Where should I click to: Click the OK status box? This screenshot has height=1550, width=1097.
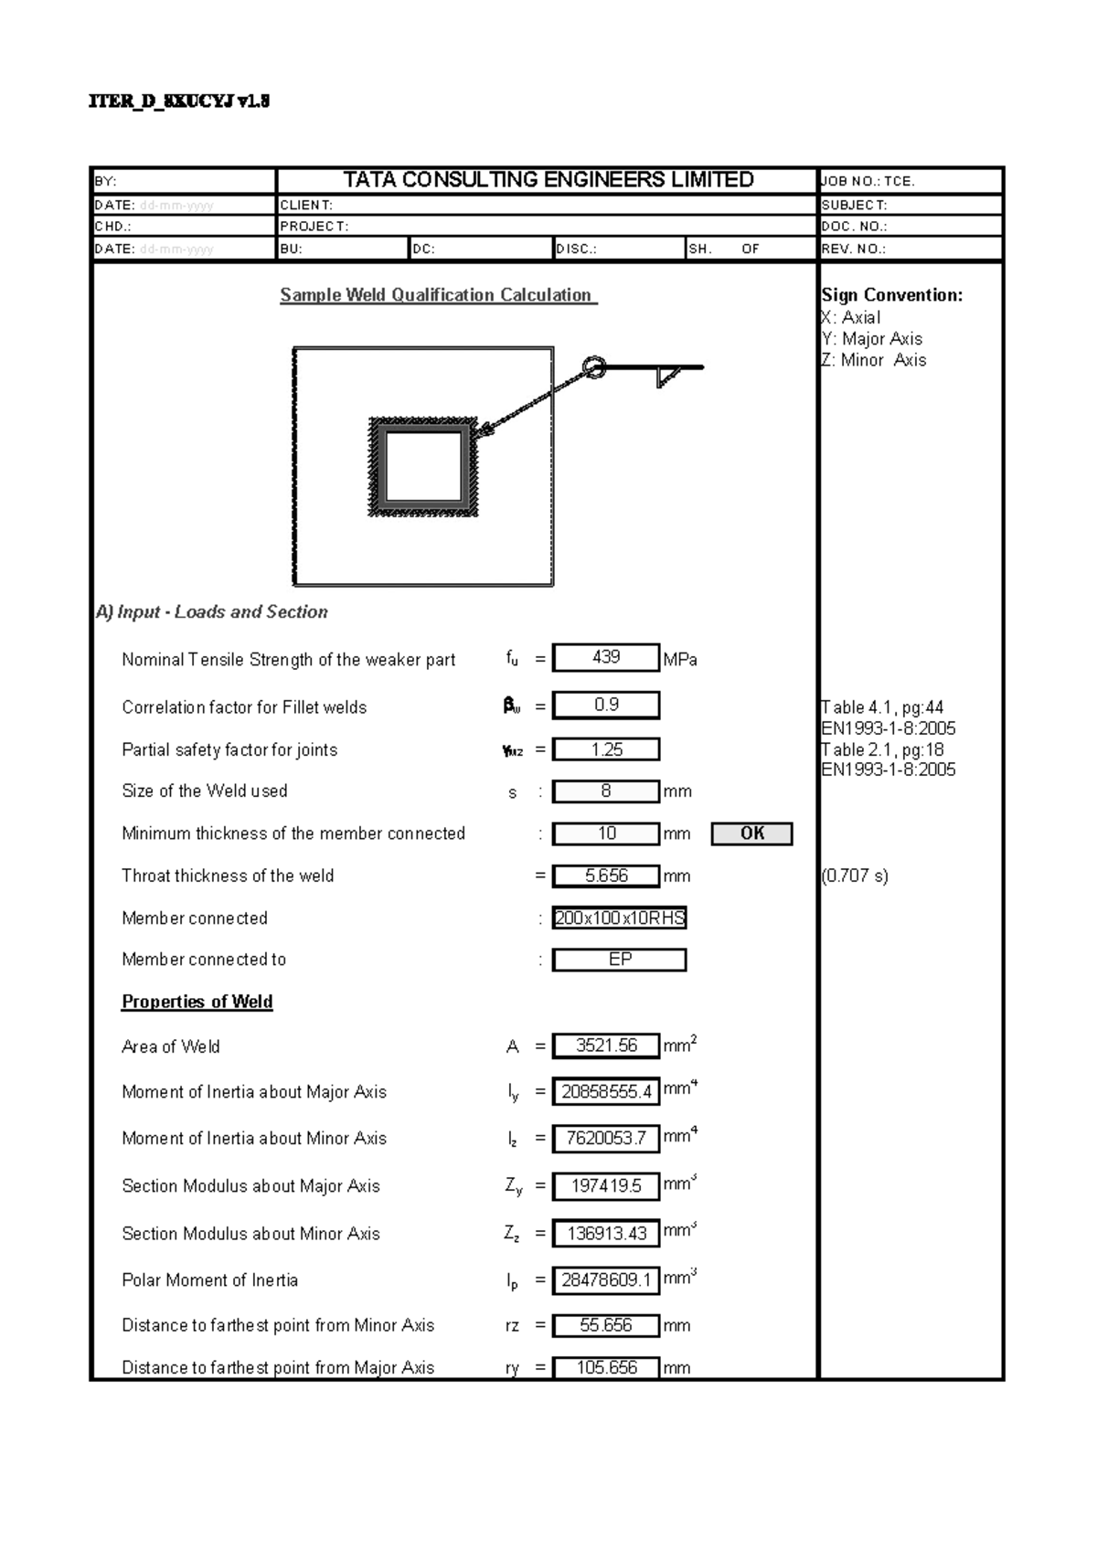751,833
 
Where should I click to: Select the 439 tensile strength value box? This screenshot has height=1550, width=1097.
606,658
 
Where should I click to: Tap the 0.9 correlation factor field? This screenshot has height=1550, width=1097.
606,706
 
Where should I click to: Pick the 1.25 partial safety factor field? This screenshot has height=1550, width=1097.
606,749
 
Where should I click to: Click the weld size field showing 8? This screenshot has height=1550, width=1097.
606,791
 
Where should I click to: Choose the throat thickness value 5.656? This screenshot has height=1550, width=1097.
606,876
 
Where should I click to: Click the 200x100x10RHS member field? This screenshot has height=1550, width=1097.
620,918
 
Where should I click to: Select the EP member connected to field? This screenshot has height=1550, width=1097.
620,960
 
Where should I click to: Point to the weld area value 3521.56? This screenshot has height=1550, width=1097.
606,1046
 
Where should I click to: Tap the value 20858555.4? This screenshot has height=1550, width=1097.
606,1091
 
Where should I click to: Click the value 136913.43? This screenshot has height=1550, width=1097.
606,1233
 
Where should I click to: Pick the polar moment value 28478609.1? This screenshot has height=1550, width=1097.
606,1280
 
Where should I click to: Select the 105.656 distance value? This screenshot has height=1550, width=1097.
606,1368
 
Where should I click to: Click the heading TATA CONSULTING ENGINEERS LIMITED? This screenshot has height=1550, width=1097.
548,180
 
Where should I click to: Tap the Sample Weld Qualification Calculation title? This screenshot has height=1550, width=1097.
437,295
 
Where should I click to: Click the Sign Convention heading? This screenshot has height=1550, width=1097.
891,295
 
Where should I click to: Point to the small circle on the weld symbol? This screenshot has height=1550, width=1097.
594,367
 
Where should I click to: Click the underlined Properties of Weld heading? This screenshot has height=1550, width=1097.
197,1002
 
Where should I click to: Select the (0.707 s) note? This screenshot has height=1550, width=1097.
855,876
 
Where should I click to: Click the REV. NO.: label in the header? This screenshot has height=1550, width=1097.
854,249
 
